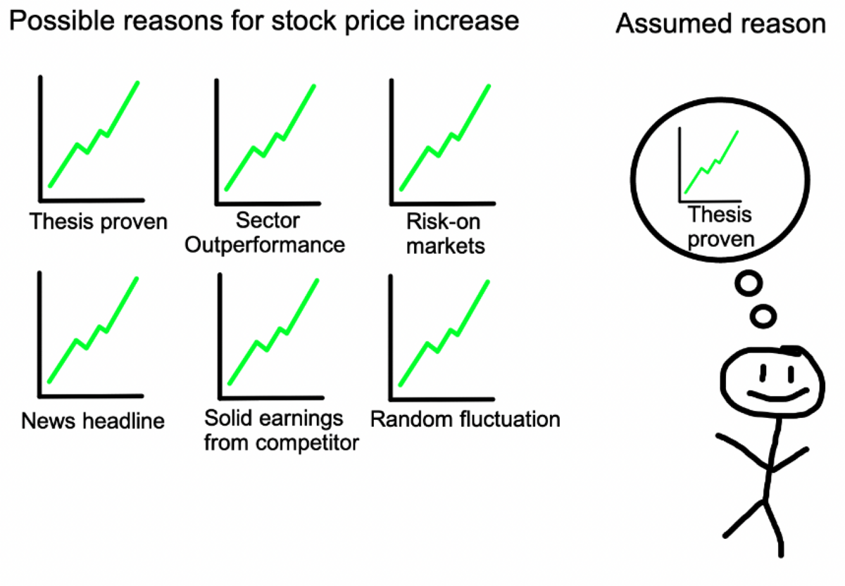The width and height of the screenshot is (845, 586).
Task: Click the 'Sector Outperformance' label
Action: [265, 233]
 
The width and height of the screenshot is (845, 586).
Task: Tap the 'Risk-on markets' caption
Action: [445, 234]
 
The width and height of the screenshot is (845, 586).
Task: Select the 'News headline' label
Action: [93, 421]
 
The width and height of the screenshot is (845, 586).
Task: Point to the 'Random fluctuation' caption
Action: [465, 419]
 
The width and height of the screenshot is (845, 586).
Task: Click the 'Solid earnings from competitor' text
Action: [282, 430]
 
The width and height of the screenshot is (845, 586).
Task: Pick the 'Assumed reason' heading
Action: [721, 24]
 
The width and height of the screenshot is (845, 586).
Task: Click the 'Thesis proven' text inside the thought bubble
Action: [720, 227]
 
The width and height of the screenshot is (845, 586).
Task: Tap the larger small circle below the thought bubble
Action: [749, 284]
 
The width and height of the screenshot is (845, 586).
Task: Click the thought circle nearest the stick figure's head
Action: [763, 317]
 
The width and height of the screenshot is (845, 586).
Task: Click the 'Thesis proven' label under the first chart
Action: [99, 222]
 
